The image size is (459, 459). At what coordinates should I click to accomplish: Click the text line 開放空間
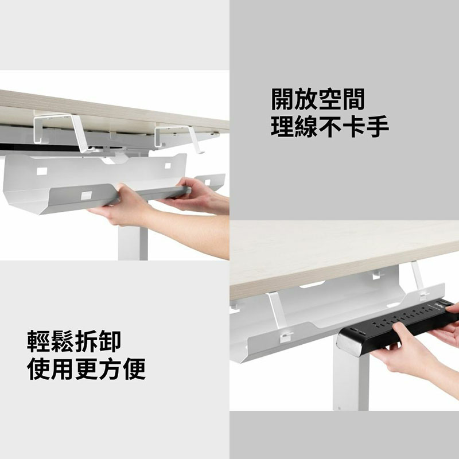[x=318, y=99]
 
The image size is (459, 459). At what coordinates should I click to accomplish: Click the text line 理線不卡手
[x=330, y=126]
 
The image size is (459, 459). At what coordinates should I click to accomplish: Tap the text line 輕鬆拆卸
[x=74, y=341]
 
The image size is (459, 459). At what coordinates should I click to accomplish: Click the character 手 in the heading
[x=378, y=126]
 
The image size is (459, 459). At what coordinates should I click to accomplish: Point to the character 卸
[x=110, y=341]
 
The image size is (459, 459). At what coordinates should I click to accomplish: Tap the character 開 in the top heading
[x=282, y=99]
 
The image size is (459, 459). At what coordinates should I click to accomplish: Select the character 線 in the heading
[x=306, y=126]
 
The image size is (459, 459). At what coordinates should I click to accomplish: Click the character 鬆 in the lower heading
[x=62, y=341]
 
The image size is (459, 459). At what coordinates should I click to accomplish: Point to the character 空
[x=330, y=99]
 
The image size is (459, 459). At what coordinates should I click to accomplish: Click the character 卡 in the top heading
[x=353, y=126]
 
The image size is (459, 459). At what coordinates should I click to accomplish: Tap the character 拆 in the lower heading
[x=86, y=341]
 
